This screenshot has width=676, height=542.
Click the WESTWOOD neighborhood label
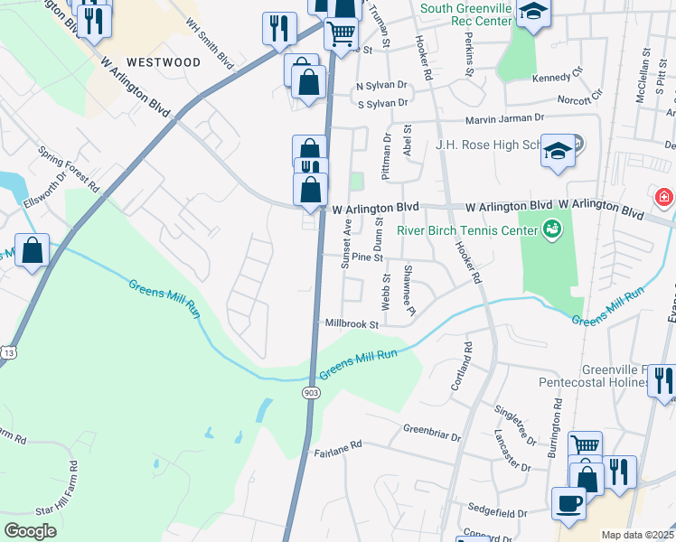pos(164,62)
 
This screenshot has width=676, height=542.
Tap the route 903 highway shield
pos(311,392)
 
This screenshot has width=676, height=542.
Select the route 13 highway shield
pos(8,350)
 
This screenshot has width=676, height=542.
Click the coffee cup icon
pos(568,503)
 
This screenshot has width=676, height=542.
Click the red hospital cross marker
pos(664,197)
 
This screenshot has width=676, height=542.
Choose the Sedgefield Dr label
pos(497,512)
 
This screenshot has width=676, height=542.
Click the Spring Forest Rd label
pos(69,169)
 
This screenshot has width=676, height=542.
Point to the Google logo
pos(30,531)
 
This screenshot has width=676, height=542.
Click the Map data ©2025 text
pos(637,535)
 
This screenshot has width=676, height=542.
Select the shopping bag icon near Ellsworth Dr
pos(33,253)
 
